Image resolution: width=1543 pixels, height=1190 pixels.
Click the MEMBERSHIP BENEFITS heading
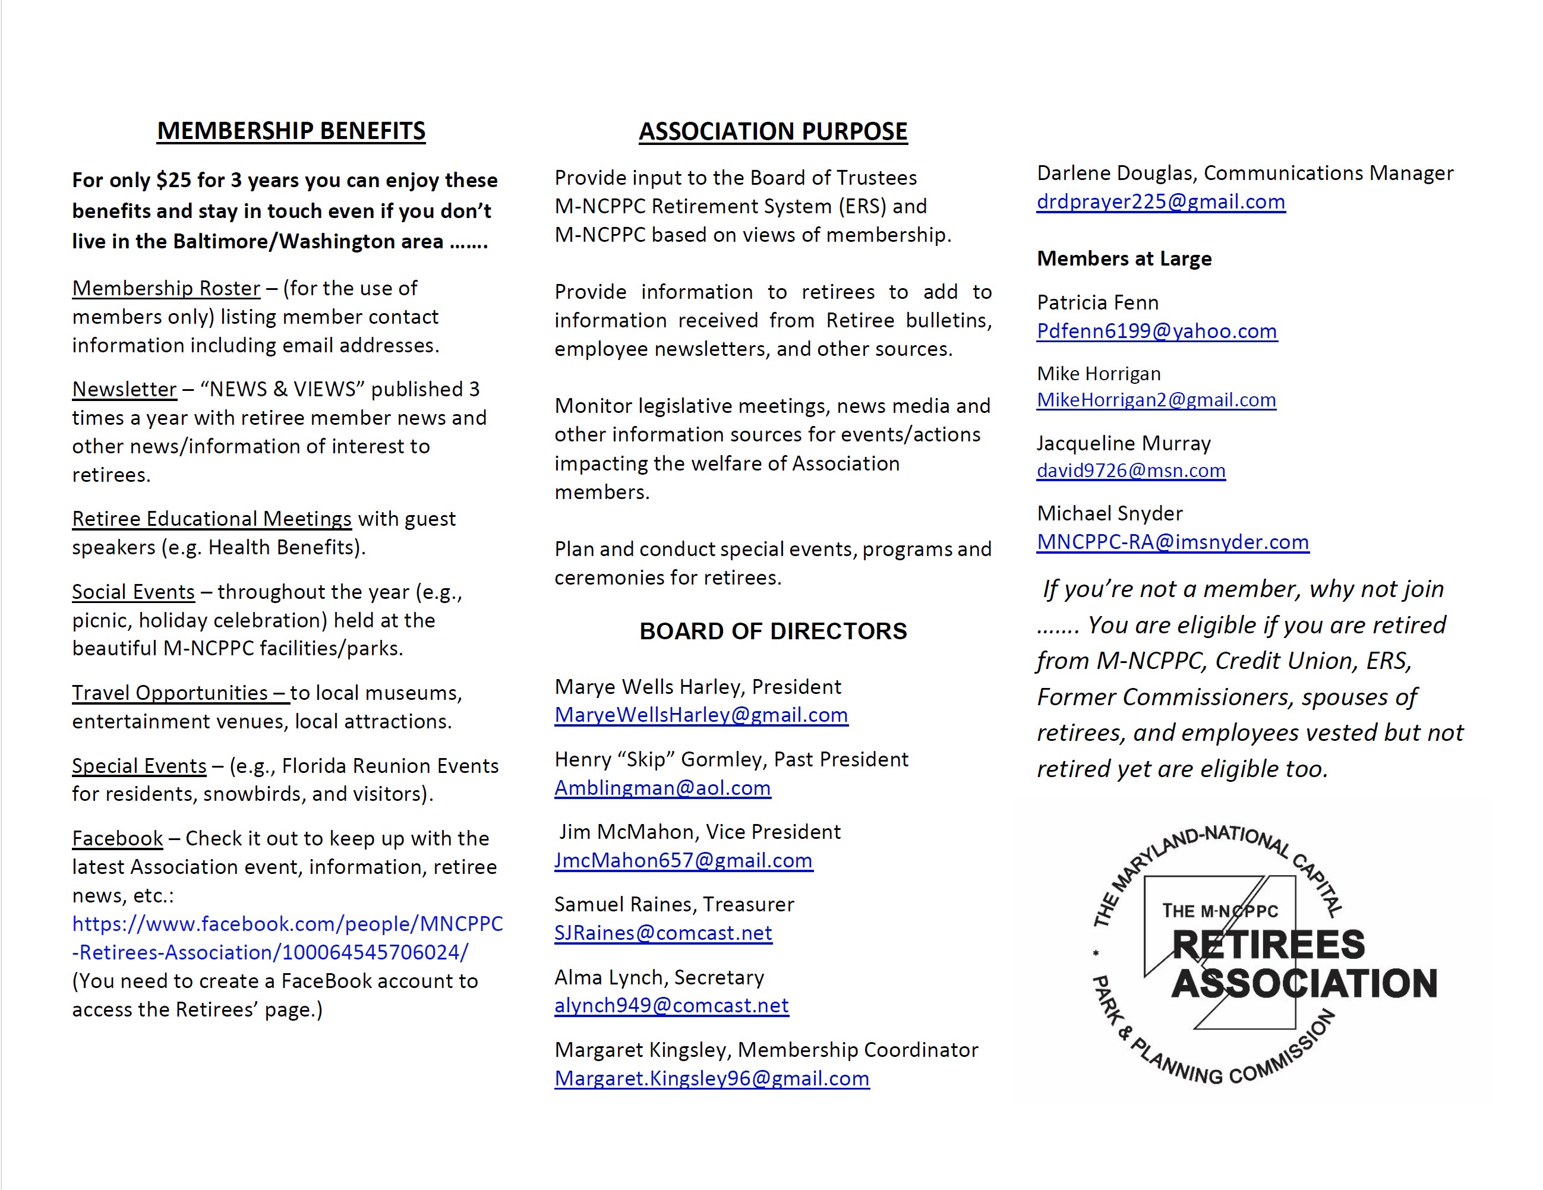tap(291, 131)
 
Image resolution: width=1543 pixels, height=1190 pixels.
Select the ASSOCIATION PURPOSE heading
tap(773, 131)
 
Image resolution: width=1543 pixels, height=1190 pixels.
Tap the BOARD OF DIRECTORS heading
tap(773, 631)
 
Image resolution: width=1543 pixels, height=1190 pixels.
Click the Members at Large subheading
tap(1124, 258)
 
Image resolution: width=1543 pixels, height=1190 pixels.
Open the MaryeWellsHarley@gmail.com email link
tap(701, 715)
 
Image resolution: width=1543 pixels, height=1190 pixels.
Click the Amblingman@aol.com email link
tap(662, 788)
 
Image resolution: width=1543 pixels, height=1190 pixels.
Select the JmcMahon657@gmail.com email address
tap(683, 861)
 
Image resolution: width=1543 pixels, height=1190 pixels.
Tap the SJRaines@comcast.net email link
tap(662, 933)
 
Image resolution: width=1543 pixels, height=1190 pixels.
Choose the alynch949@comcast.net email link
tap(671, 1006)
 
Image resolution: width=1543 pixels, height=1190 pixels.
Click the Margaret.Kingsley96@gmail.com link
tap(711, 1078)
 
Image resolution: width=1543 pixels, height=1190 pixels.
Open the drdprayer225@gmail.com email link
tap(1161, 202)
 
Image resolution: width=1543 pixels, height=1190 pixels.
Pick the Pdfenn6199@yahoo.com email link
tap(1157, 332)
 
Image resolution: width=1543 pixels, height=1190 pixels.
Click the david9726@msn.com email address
tap(1131, 471)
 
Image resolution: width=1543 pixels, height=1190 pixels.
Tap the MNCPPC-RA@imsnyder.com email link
tap(1173, 542)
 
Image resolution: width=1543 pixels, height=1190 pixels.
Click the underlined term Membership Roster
tap(166, 288)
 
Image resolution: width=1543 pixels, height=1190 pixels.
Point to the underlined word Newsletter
tap(124, 389)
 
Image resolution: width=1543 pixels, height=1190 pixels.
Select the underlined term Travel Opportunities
tap(169, 693)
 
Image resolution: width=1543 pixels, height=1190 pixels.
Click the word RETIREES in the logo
tap(1268, 945)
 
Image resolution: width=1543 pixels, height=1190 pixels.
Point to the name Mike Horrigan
tap(1099, 374)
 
